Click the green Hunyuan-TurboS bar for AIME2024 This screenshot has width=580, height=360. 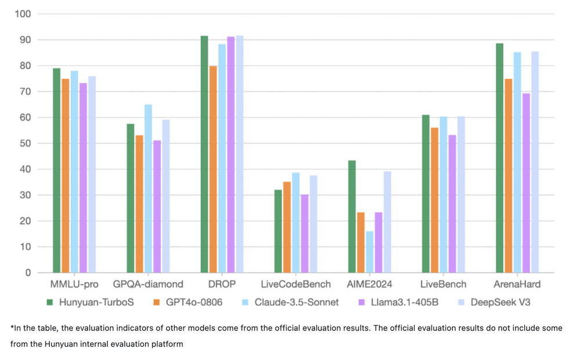pyautogui.click(x=352, y=216)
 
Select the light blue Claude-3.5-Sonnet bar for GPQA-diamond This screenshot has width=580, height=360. pyautogui.click(x=148, y=188)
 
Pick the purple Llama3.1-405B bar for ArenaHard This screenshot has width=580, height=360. pyautogui.click(x=526, y=183)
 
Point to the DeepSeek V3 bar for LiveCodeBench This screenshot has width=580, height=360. pyautogui.click(x=314, y=224)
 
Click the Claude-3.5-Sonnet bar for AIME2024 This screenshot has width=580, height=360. pyautogui.click(x=369, y=252)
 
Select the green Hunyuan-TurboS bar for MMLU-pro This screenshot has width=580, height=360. pyautogui.click(x=57, y=170)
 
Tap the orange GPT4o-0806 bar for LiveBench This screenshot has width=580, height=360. pyautogui.click(x=434, y=200)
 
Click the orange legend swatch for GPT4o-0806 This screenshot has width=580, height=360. pyautogui.click(x=157, y=302)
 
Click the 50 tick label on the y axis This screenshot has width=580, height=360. pyautogui.click(x=26, y=143)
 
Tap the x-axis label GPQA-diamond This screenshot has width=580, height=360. pyautogui.click(x=148, y=284)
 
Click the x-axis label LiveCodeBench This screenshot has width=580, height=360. pyautogui.click(x=296, y=284)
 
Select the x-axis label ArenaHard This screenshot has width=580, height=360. pyautogui.click(x=517, y=284)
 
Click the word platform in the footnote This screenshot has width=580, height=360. pyautogui.click(x=165, y=344)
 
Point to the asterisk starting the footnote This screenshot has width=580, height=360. pyautogui.click(x=12, y=327)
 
